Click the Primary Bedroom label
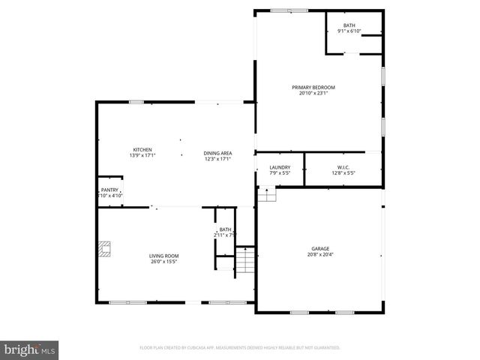click(313, 88)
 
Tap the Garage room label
click(320, 249)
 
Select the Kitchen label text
click(142, 150)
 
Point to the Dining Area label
click(217, 154)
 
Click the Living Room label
click(163, 256)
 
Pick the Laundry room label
click(280, 168)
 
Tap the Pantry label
click(109, 190)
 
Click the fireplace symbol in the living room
click(108, 248)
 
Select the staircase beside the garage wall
click(245, 260)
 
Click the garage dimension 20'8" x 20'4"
click(320, 255)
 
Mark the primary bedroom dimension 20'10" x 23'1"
click(313, 94)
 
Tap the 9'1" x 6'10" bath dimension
click(349, 31)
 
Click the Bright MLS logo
click(30, 349)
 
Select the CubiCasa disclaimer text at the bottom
click(240, 348)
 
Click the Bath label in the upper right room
click(349, 26)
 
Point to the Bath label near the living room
click(225, 229)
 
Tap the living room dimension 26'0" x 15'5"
click(163, 262)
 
